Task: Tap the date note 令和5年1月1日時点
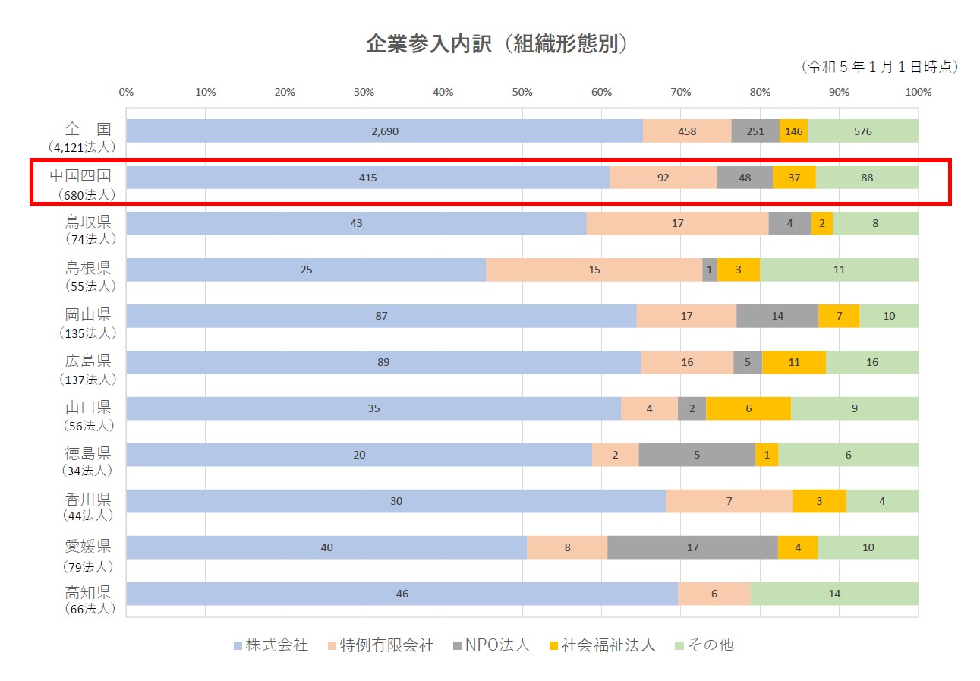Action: (880, 67)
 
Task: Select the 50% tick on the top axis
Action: (522, 93)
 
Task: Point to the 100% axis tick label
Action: (918, 93)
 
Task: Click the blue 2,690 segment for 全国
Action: (384, 131)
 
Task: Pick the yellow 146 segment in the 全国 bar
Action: (793, 131)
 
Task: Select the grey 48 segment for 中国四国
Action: (744, 178)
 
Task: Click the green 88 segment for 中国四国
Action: (867, 178)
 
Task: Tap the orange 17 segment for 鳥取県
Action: (677, 224)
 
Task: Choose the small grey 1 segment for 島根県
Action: (709, 270)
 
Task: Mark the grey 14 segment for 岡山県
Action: (777, 316)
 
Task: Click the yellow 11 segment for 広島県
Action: (794, 362)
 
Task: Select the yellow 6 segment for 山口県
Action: (748, 408)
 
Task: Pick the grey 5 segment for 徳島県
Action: (697, 455)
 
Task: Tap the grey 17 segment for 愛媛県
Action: (692, 547)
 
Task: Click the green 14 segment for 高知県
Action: (834, 594)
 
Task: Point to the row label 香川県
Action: (88, 500)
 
